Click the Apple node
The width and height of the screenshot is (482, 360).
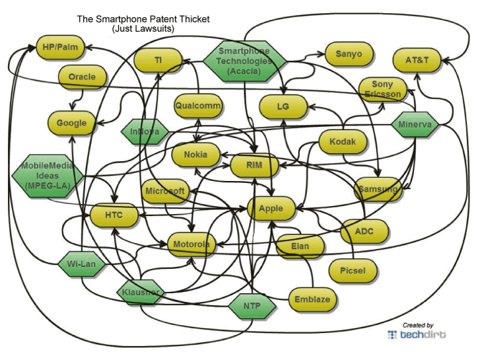coord(271,209)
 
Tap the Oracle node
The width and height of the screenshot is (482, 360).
coord(82,77)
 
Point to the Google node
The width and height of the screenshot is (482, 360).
coord(71,123)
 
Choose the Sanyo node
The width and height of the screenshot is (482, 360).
coord(349,54)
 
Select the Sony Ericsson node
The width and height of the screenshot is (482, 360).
coord(382,89)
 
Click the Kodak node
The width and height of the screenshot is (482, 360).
coord(343,142)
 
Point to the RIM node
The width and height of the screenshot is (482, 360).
coord(255,164)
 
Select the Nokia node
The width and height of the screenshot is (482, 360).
coord(195,155)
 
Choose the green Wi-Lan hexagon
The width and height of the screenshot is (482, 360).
coord(82,264)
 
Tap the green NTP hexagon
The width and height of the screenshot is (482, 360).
coord(252,306)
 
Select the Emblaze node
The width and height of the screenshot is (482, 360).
coord(312,299)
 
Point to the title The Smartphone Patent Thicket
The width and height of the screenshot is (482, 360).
coord(143,19)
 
